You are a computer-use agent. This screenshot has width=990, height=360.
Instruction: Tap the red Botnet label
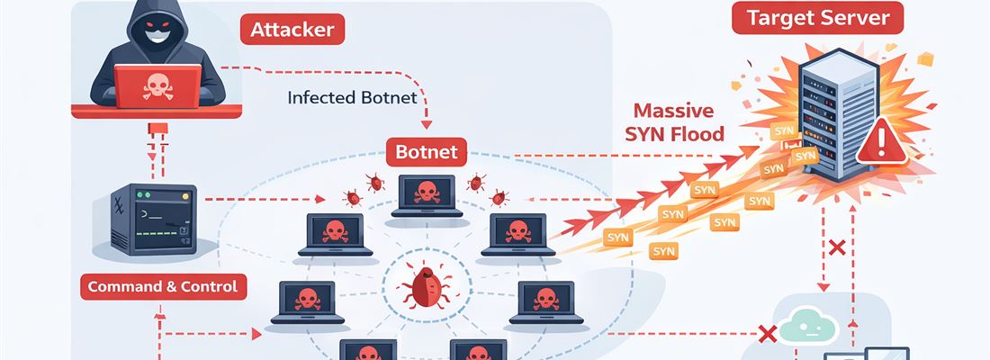click(426, 151)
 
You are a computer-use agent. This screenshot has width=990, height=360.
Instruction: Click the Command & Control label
click(163, 287)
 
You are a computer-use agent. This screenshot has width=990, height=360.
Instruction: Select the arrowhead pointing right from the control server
click(319, 201)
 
